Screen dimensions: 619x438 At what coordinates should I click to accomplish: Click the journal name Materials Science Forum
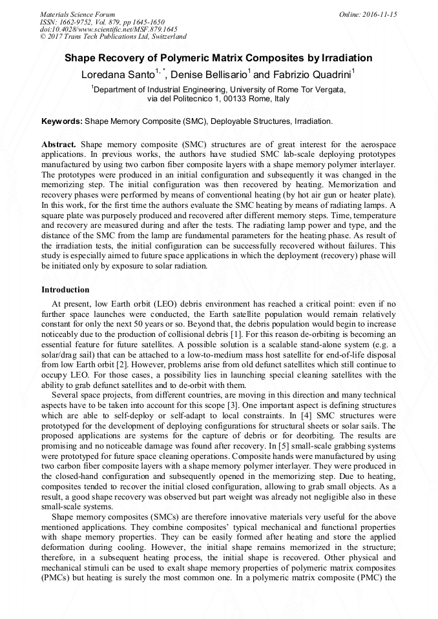(78, 14)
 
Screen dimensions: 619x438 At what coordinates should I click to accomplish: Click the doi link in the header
(109, 29)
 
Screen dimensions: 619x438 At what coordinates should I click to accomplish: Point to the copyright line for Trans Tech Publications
(113, 37)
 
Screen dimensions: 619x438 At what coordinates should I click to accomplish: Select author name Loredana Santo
(116, 75)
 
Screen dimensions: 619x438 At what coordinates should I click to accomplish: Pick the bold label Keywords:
(62, 121)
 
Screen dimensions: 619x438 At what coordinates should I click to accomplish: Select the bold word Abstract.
(59, 143)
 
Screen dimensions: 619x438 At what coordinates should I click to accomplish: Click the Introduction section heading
(65, 290)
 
